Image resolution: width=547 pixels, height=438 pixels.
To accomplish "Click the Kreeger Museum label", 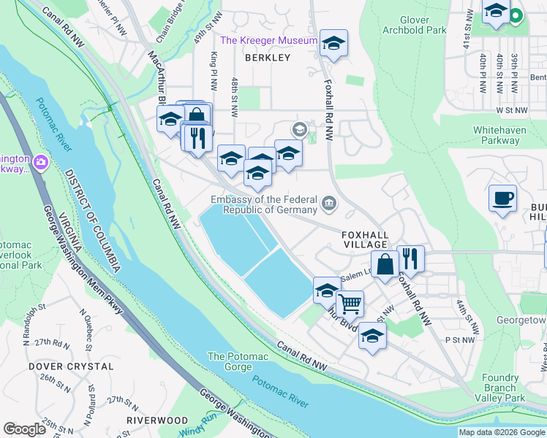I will click(269, 41).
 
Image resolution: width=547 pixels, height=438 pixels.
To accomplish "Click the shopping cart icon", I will click(350, 301).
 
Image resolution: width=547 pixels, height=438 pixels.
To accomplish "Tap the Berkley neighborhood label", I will click(268, 57).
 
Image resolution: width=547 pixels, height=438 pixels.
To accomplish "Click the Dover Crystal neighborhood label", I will click(71, 366).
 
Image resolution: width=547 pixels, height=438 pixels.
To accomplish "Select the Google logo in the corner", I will click(24, 429).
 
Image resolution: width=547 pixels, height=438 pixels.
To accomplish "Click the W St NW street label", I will click(511, 109).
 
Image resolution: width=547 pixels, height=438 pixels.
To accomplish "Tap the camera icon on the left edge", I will click(40, 161).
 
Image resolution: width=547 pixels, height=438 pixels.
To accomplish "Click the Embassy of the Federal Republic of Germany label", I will click(263, 204).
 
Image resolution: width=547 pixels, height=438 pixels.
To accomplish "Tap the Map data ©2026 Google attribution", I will click(502, 432).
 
